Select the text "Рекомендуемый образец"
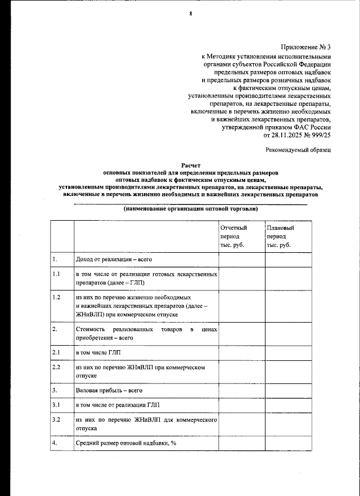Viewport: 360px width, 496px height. [298, 150]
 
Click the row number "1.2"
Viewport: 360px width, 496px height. [56, 297]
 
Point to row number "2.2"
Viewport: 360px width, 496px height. [56, 367]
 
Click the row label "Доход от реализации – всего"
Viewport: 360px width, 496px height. [114, 260]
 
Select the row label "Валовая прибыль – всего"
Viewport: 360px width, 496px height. [109, 390]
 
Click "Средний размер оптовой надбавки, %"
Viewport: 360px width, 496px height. [127, 443]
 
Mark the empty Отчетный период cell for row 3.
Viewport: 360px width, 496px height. [242, 390]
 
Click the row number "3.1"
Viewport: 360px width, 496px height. [56, 405]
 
